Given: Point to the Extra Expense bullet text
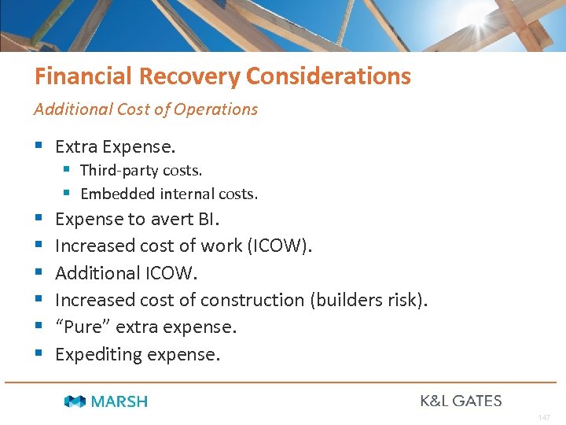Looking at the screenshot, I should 116,146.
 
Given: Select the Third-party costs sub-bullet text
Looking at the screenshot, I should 141,171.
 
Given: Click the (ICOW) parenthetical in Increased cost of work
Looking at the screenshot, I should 279,246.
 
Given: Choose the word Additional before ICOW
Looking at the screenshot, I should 96,273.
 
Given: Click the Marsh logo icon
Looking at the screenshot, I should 75,401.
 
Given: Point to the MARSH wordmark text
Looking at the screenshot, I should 119,401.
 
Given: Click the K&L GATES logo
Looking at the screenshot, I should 461,401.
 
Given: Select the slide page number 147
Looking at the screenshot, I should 544,417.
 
